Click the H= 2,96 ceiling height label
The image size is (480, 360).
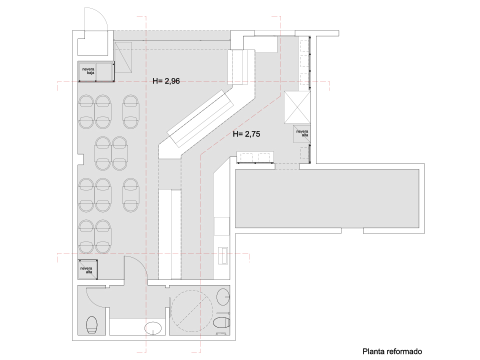pyautogui.click(x=166, y=81)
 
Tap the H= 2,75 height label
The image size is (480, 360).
pyautogui.click(x=246, y=134)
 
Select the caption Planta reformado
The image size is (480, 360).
pyautogui.click(x=392, y=351)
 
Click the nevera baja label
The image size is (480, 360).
pyautogui.click(x=88, y=71)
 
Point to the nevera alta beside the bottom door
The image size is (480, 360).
pyautogui.click(x=86, y=270)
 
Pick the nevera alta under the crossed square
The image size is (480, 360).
pyautogui.click(x=302, y=133)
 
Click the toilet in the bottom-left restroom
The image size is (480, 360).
pyautogui.click(x=92, y=325)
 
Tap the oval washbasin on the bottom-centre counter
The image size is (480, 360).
pyautogui.click(x=153, y=328)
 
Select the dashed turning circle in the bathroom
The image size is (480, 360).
pyautogui.click(x=191, y=310)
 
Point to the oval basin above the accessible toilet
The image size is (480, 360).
pyautogui.click(x=223, y=296)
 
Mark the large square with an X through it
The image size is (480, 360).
pyautogui.click(x=297, y=107)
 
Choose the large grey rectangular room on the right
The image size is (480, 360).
pyautogui.click(x=327, y=198)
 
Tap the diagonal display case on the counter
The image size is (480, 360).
pyautogui.click(x=200, y=118)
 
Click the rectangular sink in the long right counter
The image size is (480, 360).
pyautogui.click(x=223, y=255)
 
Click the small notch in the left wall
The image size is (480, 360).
pyautogui.click(x=81, y=159)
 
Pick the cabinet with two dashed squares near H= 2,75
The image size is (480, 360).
pyautogui.click(x=255, y=158)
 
